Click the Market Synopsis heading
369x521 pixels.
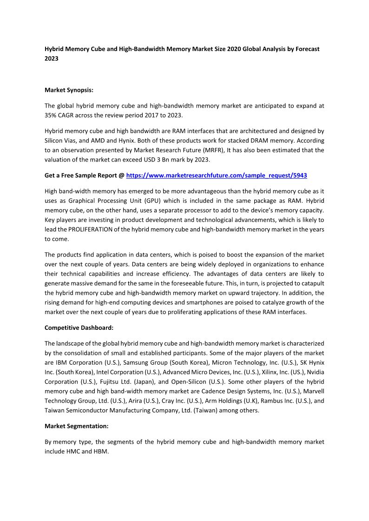click(69, 90)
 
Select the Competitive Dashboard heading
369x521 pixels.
click(79, 328)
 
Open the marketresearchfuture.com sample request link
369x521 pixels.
click(217, 176)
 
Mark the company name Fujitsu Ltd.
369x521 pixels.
click(111, 382)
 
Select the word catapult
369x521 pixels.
click(311, 283)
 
